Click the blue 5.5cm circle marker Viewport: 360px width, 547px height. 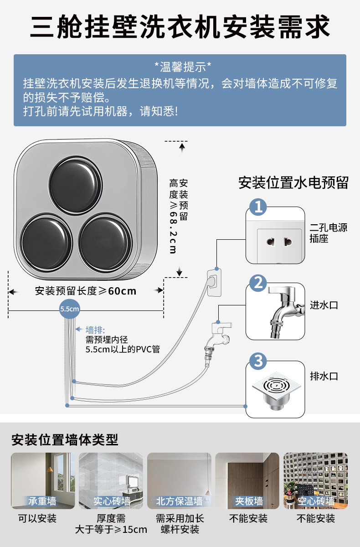[70, 309]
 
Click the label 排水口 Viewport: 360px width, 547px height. [324, 376]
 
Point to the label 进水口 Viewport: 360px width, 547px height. [324, 305]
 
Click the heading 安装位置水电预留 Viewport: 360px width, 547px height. [293, 183]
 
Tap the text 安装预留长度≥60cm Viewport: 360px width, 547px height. [86, 290]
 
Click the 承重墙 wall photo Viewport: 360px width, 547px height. [43, 480]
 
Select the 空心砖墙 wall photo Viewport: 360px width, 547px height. [315, 480]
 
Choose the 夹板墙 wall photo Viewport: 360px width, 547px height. [247, 480]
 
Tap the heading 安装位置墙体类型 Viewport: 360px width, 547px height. [65, 440]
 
